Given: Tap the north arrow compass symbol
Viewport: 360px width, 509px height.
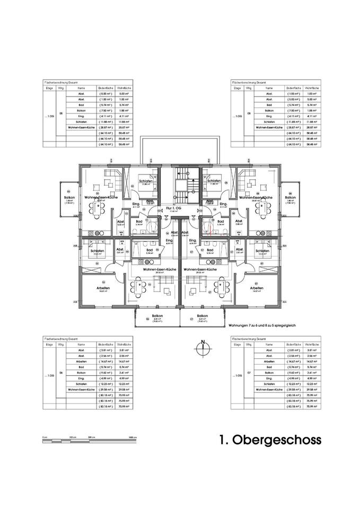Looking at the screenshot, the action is pyautogui.click(x=201, y=348).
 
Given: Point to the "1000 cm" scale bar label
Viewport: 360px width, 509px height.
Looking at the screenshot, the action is pyautogui.click(x=133, y=436).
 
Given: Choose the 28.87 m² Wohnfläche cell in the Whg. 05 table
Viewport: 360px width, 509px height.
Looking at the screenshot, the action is pyautogui.click(x=124, y=127).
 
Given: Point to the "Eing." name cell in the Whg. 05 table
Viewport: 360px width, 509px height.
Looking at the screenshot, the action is pyautogui.click(x=81, y=116).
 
